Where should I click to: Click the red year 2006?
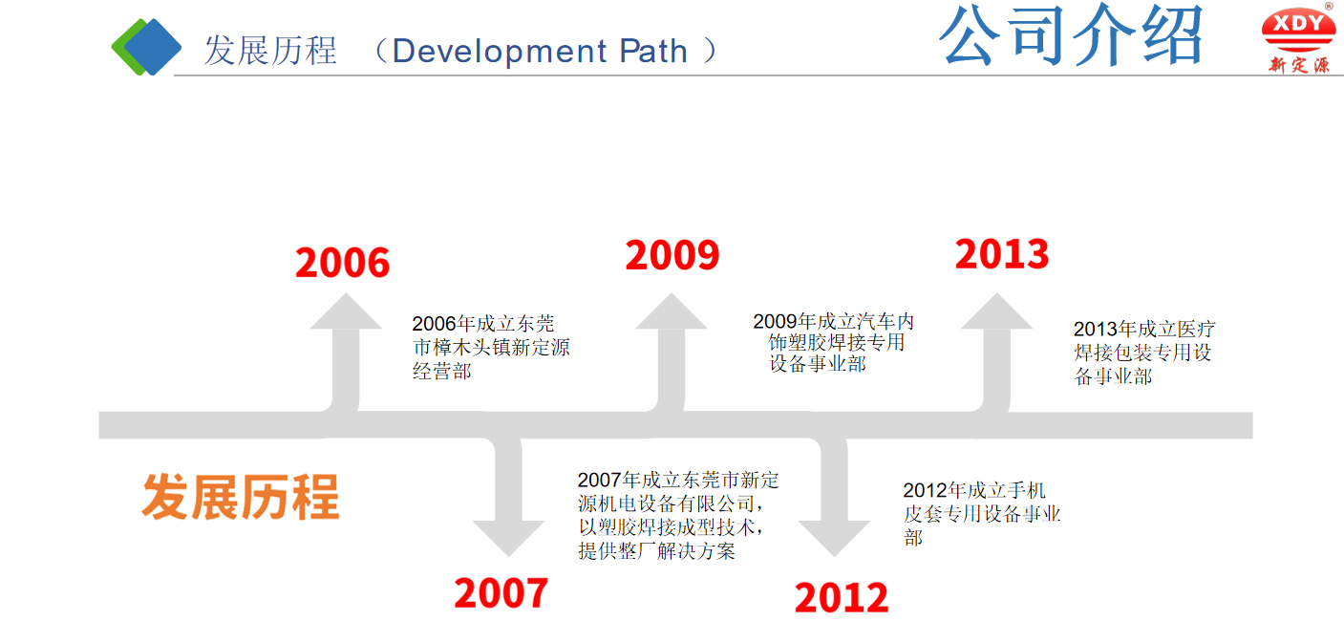[342, 263]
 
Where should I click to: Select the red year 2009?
[672, 255]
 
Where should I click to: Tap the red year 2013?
[1002, 254]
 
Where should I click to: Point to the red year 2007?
[501, 593]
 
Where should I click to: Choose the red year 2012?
[842, 598]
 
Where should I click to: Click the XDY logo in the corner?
[1298, 38]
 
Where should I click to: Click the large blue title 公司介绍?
[1071, 36]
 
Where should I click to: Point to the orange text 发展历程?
[241, 497]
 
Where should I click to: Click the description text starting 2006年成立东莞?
[490, 348]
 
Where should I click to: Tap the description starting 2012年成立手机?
[981, 514]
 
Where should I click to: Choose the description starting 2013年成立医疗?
[1143, 353]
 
